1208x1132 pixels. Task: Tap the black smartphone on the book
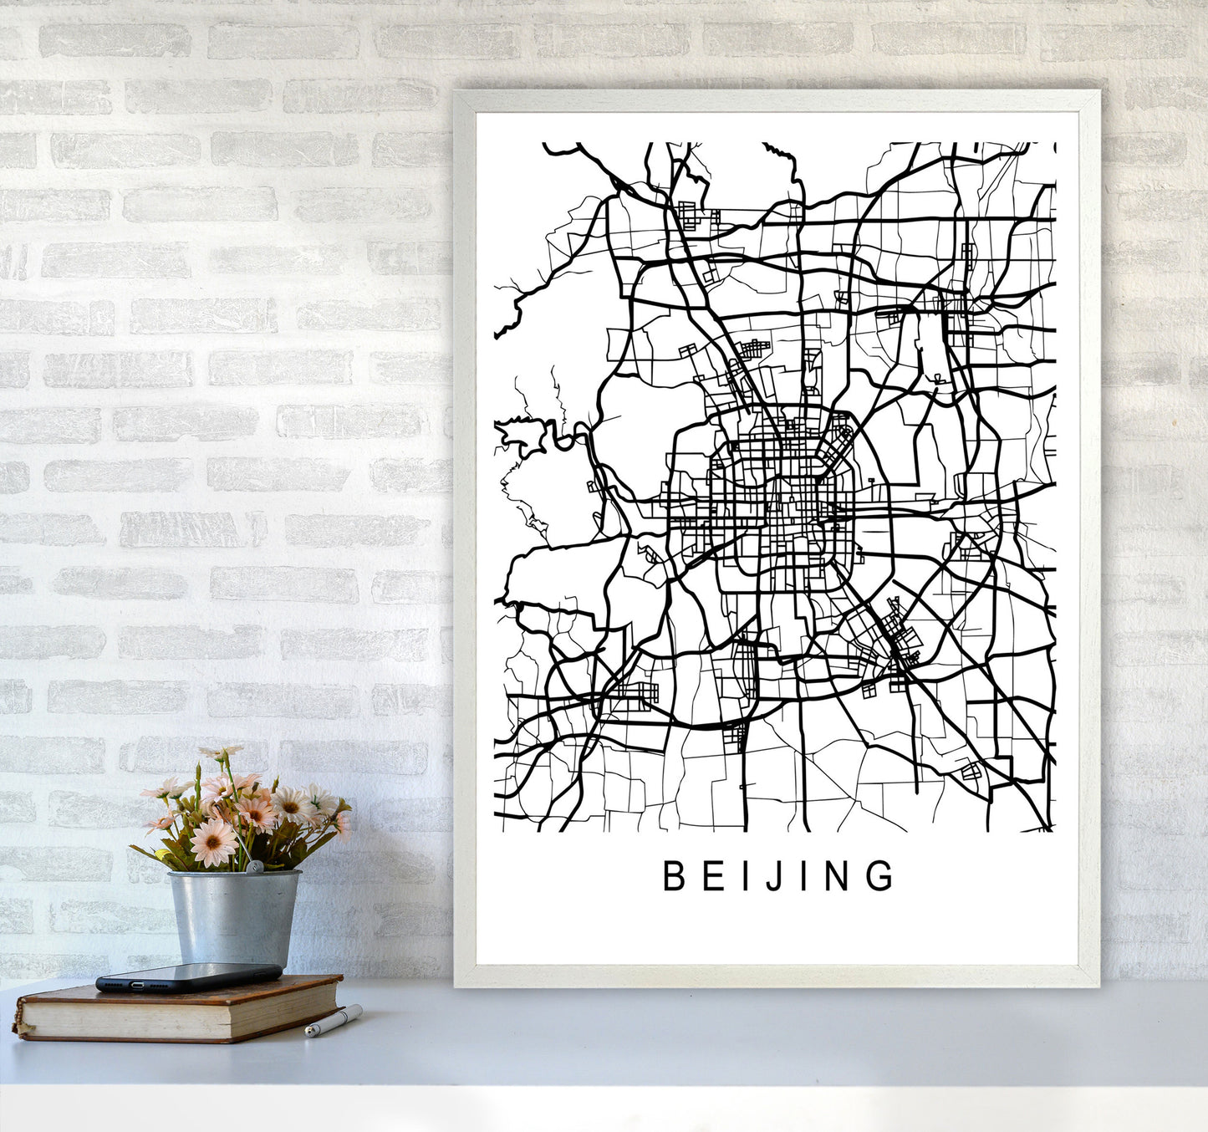pyautogui.click(x=189, y=976)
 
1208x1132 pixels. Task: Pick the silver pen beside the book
pyautogui.click(x=333, y=1022)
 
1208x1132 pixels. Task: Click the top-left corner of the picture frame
pyautogui.click(x=456, y=93)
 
